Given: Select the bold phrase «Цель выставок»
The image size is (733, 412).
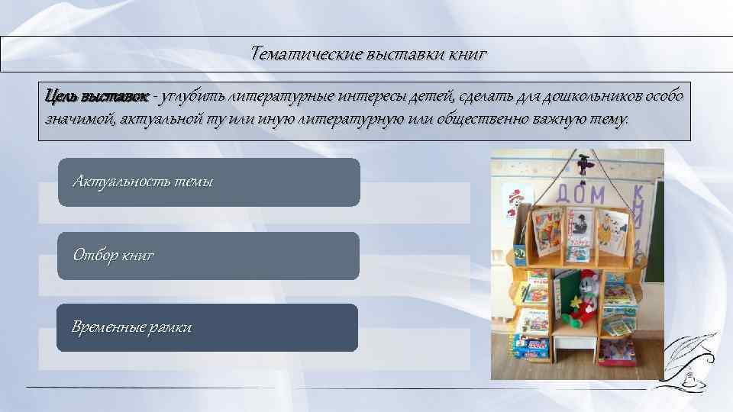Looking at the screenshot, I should pyautogui.click(x=97, y=98).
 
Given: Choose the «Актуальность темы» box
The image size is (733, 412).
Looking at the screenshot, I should pyautogui.click(x=208, y=182).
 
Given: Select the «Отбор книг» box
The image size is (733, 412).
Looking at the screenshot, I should pyautogui.click(x=208, y=256).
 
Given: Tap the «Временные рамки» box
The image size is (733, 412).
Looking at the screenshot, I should pyautogui.click(x=208, y=328).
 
